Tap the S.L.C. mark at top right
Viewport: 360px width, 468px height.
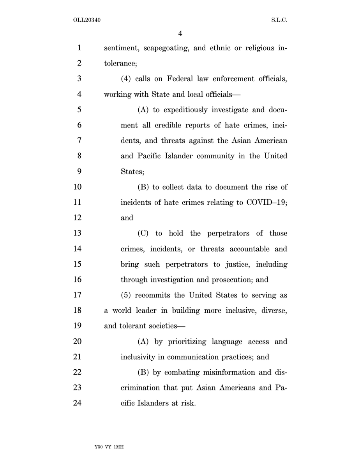(x=279, y=20)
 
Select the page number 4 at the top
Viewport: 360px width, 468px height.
(x=180, y=34)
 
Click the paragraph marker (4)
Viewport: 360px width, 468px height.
(x=127, y=79)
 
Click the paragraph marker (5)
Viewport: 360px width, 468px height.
(x=127, y=295)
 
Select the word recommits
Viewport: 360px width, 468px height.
(x=154, y=295)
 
